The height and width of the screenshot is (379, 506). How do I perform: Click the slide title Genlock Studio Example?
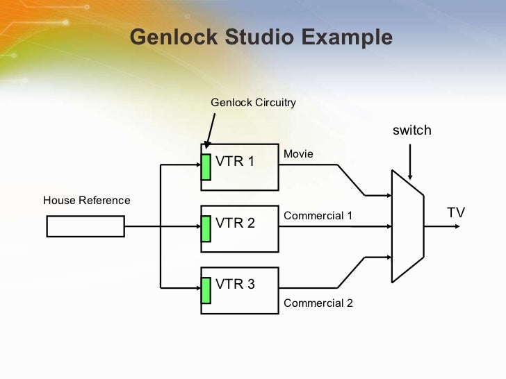point(261,37)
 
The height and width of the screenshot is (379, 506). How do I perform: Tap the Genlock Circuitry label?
point(253,103)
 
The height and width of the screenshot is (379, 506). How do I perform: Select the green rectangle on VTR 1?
point(206,167)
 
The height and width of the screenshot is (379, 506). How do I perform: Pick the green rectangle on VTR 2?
point(206,228)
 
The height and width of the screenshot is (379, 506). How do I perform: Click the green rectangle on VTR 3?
point(206,290)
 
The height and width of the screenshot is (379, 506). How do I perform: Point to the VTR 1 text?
point(236,162)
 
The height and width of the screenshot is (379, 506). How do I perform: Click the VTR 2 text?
point(236,223)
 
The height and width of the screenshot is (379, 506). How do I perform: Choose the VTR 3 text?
point(236,284)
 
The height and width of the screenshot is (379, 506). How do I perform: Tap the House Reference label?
point(86,201)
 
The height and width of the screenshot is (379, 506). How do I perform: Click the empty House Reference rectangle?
point(85,226)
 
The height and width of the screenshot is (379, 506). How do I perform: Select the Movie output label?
point(298,153)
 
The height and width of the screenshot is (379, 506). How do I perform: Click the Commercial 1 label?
point(318,216)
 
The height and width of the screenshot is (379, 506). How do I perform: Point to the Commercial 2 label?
point(318,303)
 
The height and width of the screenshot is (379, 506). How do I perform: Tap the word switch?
point(412,130)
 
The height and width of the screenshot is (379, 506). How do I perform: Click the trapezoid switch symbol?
point(407,226)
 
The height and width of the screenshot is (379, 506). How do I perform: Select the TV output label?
point(455,213)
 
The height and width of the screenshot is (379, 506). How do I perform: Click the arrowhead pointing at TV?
point(455,226)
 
